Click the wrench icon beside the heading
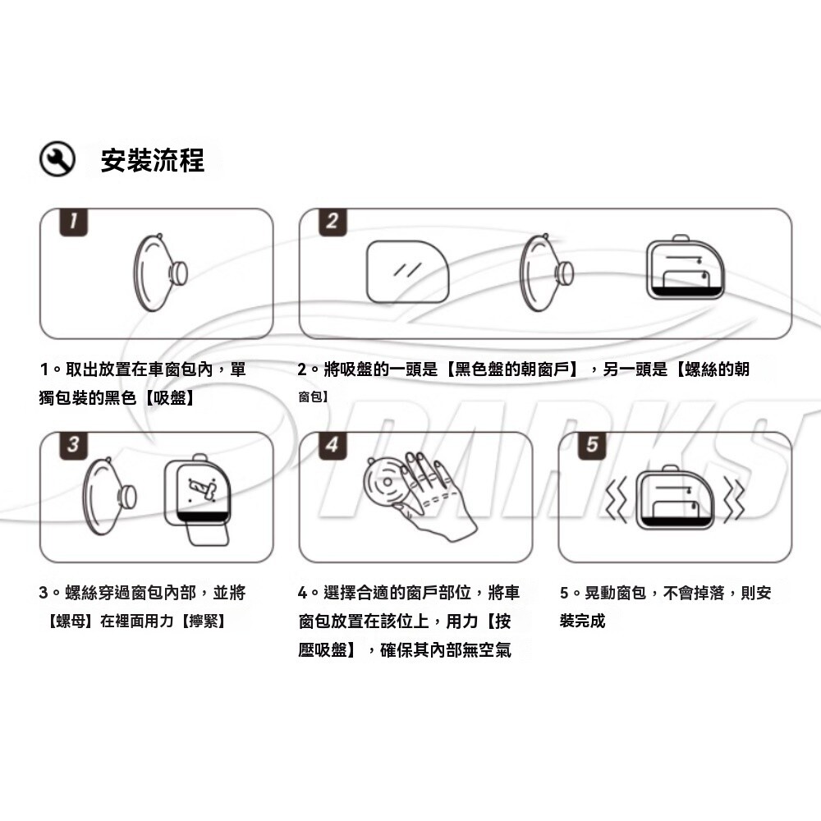57,158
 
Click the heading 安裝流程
153,160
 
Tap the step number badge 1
73,222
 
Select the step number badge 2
333,222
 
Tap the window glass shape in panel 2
407,272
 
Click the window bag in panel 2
686,268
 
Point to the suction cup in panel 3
110,496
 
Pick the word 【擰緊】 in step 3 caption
203,621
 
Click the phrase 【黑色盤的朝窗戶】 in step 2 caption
511,369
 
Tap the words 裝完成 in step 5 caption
582,621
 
